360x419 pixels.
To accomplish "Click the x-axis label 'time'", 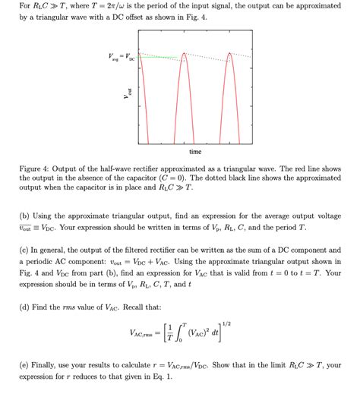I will point(195,152).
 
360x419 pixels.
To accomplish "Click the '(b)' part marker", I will point(24,216).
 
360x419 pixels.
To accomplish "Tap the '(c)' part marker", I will point(24,249).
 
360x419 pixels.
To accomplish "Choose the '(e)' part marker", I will point(24,365).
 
